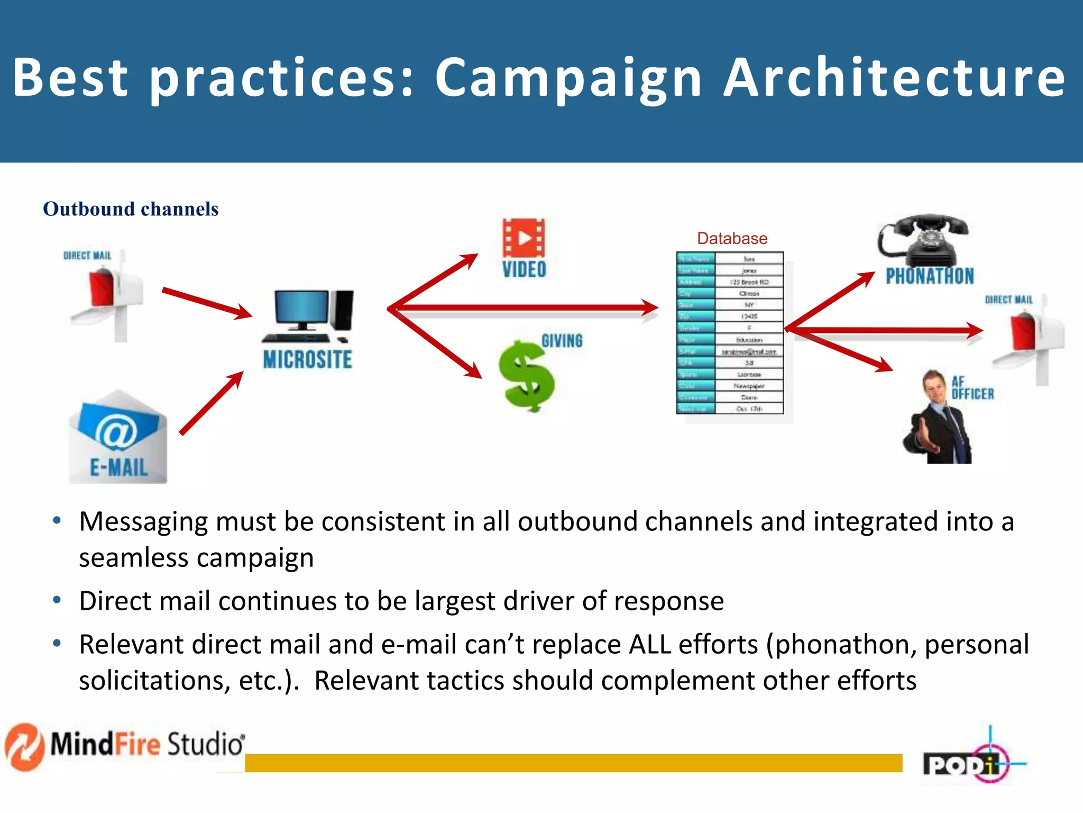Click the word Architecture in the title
coord(894,78)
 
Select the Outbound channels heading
coord(131,209)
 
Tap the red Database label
coord(732,238)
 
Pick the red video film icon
coord(524,238)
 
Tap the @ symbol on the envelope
coord(116,431)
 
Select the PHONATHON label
coord(930,276)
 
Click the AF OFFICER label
coord(972,388)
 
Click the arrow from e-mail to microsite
coord(212,403)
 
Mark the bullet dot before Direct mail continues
coord(57,600)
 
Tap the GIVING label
coord(562,341)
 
